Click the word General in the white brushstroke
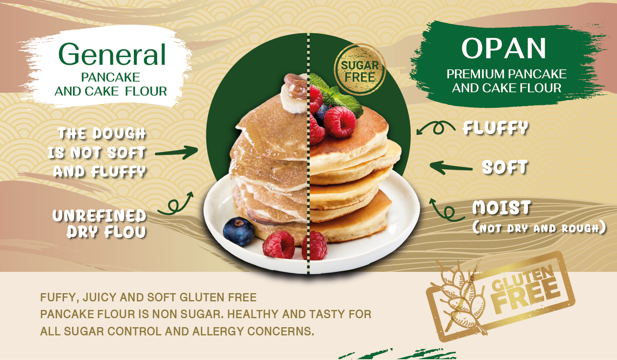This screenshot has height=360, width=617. [112, 54]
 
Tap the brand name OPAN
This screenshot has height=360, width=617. [503, 48]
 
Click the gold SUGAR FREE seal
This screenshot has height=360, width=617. [360, 70]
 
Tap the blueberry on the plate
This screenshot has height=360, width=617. [239, 231]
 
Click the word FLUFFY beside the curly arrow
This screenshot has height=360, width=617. [496, 128]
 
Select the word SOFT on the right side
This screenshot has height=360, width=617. [505, 167]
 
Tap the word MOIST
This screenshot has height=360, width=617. [501, 207]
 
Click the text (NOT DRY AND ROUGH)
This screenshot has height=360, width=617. [539, 228]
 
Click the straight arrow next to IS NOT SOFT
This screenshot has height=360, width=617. [176, 152]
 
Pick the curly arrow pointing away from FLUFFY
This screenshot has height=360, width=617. [436, 128]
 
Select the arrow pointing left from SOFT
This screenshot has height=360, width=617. [451, 168]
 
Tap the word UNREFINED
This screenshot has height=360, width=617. [99, 216]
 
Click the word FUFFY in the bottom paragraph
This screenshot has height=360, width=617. [57, 298]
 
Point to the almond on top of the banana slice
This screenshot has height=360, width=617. [296, 85]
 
